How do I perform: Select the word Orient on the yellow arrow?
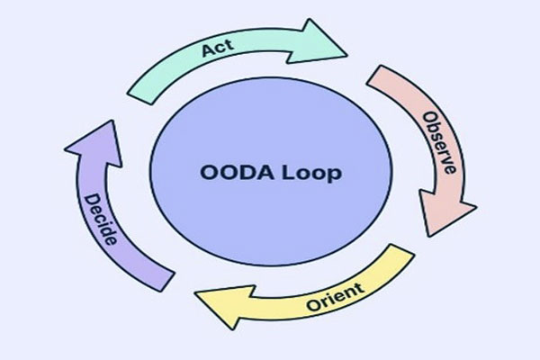pos(335,293)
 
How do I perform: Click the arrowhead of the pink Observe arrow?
pos(452,217)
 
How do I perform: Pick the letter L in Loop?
pos(286,172)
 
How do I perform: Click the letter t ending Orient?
pos(359,287)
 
